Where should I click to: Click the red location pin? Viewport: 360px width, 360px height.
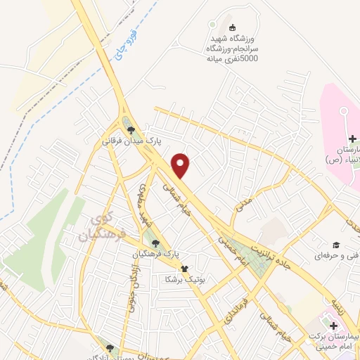(181, 165)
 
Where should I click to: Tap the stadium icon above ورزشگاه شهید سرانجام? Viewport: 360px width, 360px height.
(212, 26)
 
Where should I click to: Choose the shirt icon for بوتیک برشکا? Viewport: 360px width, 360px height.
(185, 268)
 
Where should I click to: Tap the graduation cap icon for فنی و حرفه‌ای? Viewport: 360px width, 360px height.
(336, 244)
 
